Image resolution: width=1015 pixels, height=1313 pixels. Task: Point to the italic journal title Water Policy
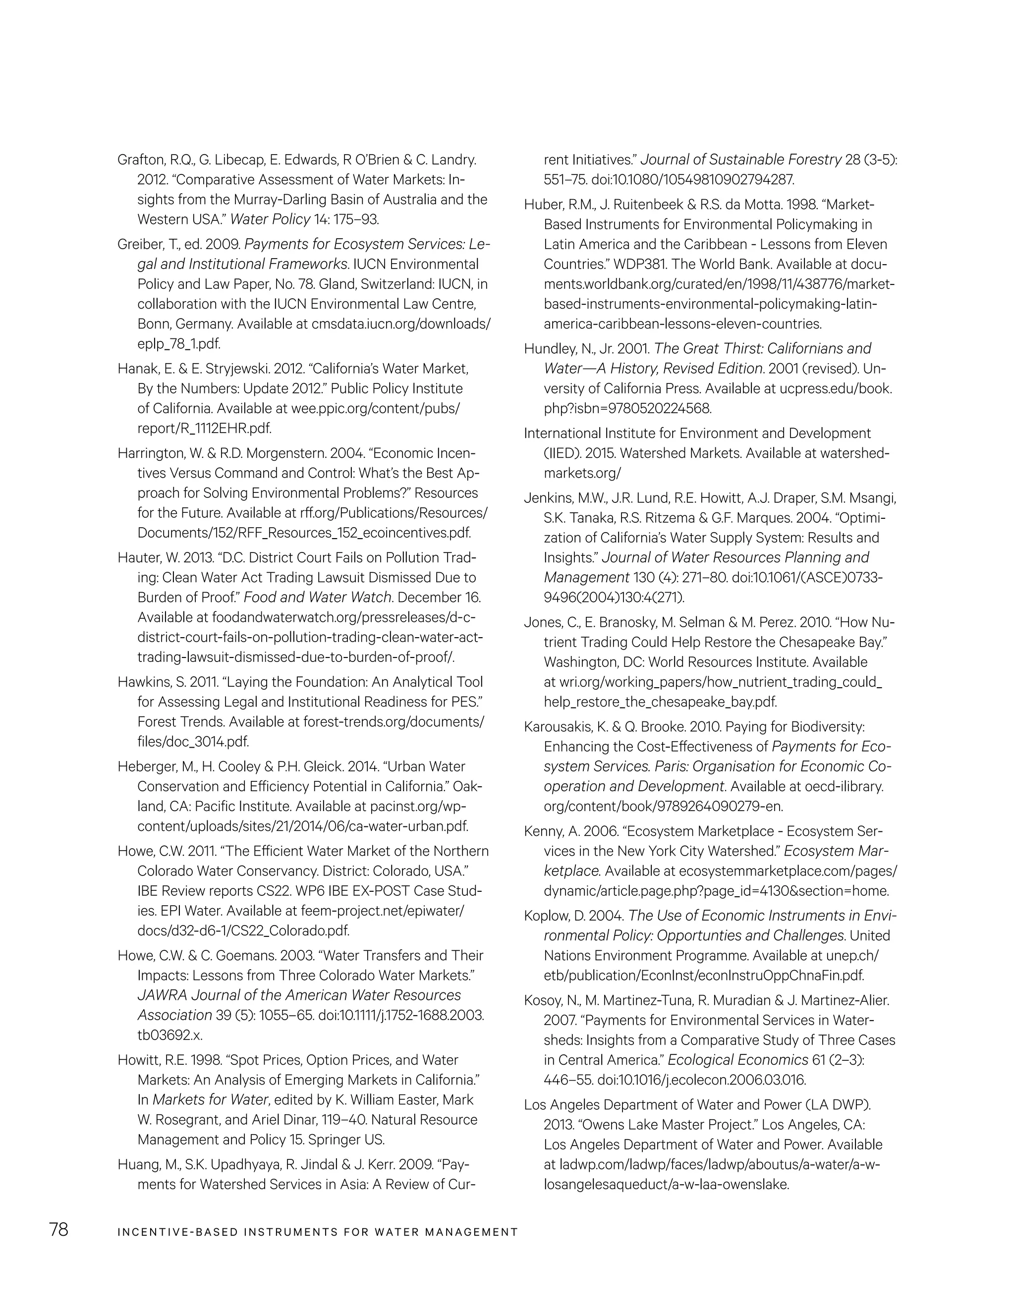point(270,219)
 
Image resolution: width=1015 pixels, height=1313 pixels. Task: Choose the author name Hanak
point(137,368)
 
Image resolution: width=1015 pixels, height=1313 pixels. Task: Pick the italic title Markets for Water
point(210,1099)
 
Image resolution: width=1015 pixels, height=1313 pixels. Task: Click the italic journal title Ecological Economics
point(738,1060)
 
